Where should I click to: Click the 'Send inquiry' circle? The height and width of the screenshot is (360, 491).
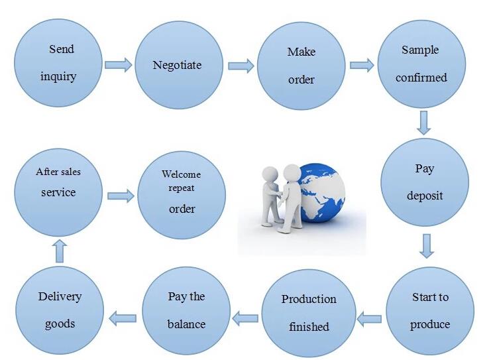(x=58, y=63)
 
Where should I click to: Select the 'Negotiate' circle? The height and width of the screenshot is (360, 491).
(x=179, y=65)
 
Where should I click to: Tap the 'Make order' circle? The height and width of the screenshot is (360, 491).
(x=301, y=66)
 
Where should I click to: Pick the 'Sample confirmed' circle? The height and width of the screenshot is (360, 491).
(x=421, y=64)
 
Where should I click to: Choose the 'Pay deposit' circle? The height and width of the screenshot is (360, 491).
(x=425, y=182)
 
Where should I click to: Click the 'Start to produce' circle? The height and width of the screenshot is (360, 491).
(x=430, y=310)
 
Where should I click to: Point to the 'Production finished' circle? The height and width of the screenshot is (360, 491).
(x=309, y=313)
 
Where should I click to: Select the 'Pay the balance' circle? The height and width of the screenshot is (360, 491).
(x=186, y=311)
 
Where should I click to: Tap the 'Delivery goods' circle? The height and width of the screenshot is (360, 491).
(x=60, y=310)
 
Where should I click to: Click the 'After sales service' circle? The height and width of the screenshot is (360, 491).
(x=58, y=192)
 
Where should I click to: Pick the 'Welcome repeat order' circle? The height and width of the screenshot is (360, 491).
(x=182, y=195)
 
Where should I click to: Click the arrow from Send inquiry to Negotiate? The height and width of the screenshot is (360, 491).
(x=119, y=65)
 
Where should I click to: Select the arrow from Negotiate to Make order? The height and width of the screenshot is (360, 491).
(x=241, y=66)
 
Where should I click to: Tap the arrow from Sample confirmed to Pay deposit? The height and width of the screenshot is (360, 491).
(x=423, y=123)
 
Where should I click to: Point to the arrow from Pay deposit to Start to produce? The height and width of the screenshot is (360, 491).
(x=427, y=246)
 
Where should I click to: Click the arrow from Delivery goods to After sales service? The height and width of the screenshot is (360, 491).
(x=60, y=251)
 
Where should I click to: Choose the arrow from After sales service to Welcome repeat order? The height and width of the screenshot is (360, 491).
(x=121, y=196)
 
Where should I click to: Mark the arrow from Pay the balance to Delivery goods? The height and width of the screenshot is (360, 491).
(x=123, y=318)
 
